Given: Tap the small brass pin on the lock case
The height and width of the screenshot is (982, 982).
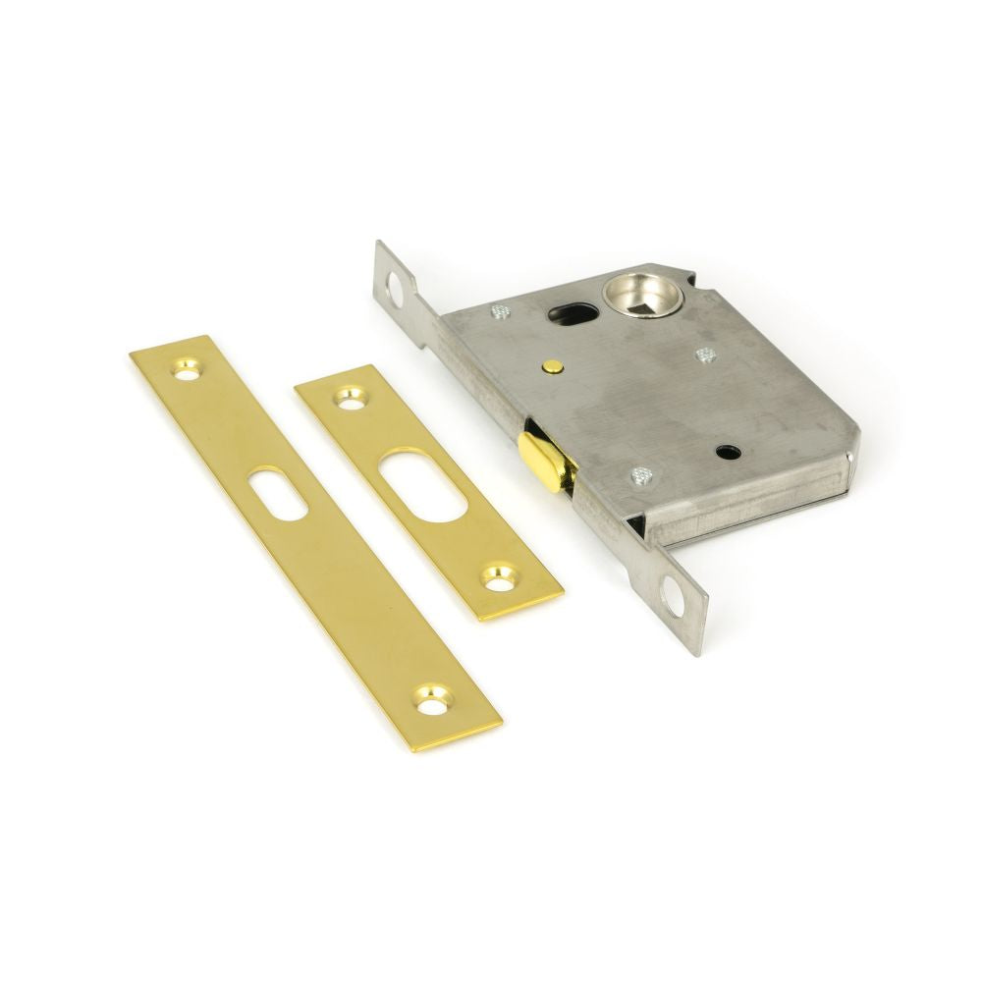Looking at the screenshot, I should tap(554, 368).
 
